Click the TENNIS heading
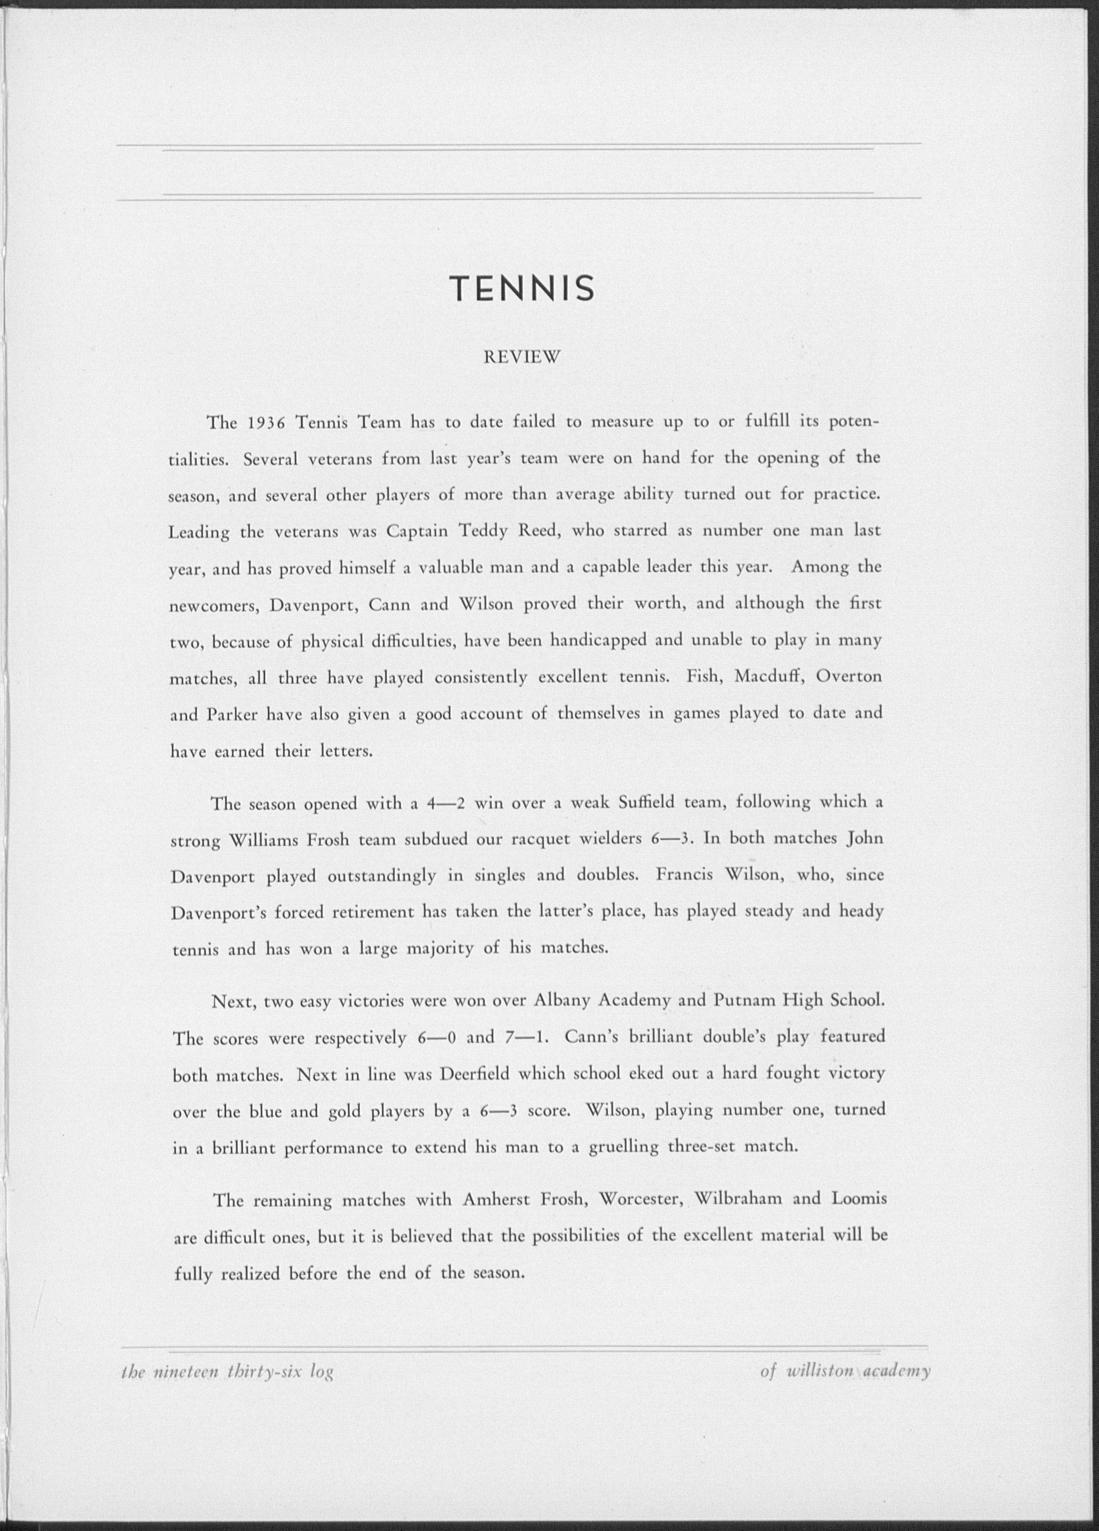click(522, 288)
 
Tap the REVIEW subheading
click(522, 358)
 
